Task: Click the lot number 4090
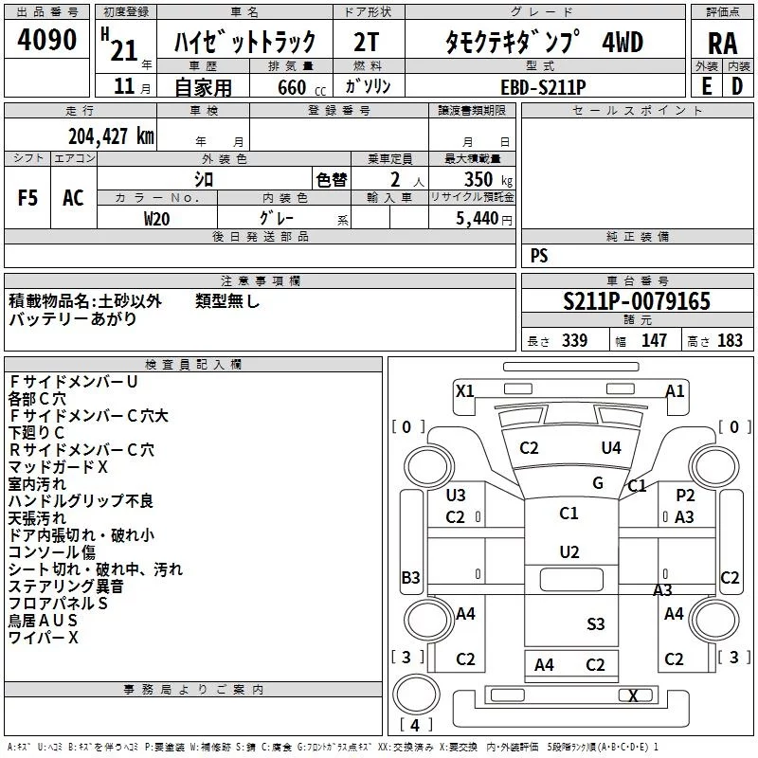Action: coord(46,40)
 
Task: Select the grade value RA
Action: coord(722,44)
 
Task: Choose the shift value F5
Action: coord(28,198)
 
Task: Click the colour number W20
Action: coord(157,218)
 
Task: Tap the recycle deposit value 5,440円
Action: coord(483,219)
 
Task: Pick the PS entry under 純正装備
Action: coord(539,256)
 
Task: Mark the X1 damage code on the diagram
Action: coord(464,390)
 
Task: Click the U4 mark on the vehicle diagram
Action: coord(611,447)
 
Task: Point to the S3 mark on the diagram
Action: coord(595,623)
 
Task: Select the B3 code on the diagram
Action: coord(410,577)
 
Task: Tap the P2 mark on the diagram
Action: coord(685,495)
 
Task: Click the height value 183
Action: coord(730,340)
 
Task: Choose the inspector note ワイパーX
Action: coord(44,638)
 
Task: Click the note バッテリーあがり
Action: coord(72,319)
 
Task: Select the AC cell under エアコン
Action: coord(73,198)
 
